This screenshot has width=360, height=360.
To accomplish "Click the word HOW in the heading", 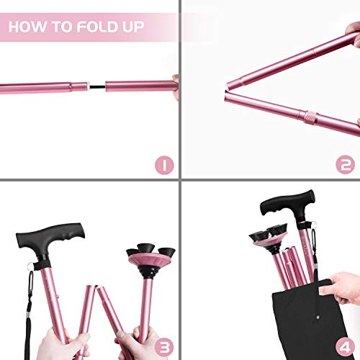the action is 27,27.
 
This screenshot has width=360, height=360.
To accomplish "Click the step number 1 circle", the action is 164,166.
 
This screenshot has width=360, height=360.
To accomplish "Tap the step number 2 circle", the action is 345,165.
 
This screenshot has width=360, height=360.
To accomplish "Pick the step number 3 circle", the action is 164,347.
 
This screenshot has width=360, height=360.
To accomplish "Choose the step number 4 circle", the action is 345,347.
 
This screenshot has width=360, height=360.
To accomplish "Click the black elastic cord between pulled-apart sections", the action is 98,86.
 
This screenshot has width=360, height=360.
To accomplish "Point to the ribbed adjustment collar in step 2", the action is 310,117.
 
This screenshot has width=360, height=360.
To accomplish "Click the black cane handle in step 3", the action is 51,239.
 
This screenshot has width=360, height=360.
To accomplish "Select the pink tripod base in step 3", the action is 151,260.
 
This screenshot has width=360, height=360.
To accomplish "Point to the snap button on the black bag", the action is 318,318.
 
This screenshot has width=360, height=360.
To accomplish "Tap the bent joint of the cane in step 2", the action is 226,91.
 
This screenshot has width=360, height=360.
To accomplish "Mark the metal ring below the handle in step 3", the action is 30,266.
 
